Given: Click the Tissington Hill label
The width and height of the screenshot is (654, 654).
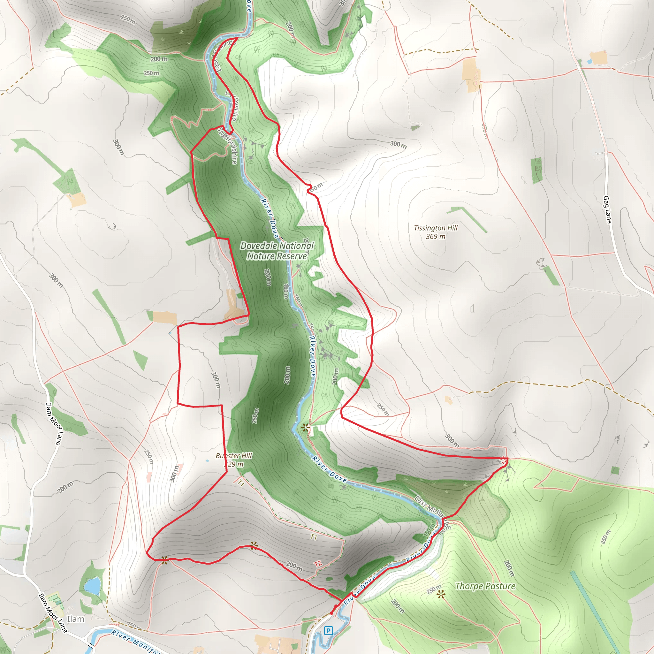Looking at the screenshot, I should pyautogui.click(x=435, y=228).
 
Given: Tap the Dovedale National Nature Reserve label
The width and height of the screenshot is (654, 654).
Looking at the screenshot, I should pyautogui.click(x=277, y=251).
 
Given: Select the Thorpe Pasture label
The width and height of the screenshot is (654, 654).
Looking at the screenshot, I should pyautogui.click(x=485, y=586).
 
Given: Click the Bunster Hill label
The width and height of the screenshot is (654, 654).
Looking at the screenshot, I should pyautogui.click(x=233, y=456).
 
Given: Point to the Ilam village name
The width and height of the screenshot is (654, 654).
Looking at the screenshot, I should pyautogui.click(x=75, y=619).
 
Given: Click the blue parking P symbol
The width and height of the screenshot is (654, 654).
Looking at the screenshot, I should pyautogui.click(x=328, y=631).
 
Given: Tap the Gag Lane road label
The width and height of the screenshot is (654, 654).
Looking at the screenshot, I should pyautogui.click(x=607, y=209).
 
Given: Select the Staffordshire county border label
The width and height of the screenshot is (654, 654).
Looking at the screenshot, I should pyautogui.click(x=228, y=146).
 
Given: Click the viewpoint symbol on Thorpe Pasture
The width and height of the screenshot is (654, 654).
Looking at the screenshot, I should pyautogui.click(x=440, y=594).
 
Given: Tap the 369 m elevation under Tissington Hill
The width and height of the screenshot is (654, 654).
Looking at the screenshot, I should pyautogui.click(x=435, y=237).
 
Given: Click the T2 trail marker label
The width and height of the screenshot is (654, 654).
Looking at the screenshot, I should pyautogui.click(x=317, y=564).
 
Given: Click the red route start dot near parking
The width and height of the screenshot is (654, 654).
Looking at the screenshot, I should pyautogui.click(x=331, y=613).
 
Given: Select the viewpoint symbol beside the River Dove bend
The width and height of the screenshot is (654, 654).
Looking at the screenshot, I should pyautogui.click(x=305, y=428).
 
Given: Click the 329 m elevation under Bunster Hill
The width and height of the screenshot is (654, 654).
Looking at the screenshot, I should pyautogui.click(x=233, y=464).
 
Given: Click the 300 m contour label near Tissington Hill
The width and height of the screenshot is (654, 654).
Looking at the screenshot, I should pyautogui.click(x=398, y=145).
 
